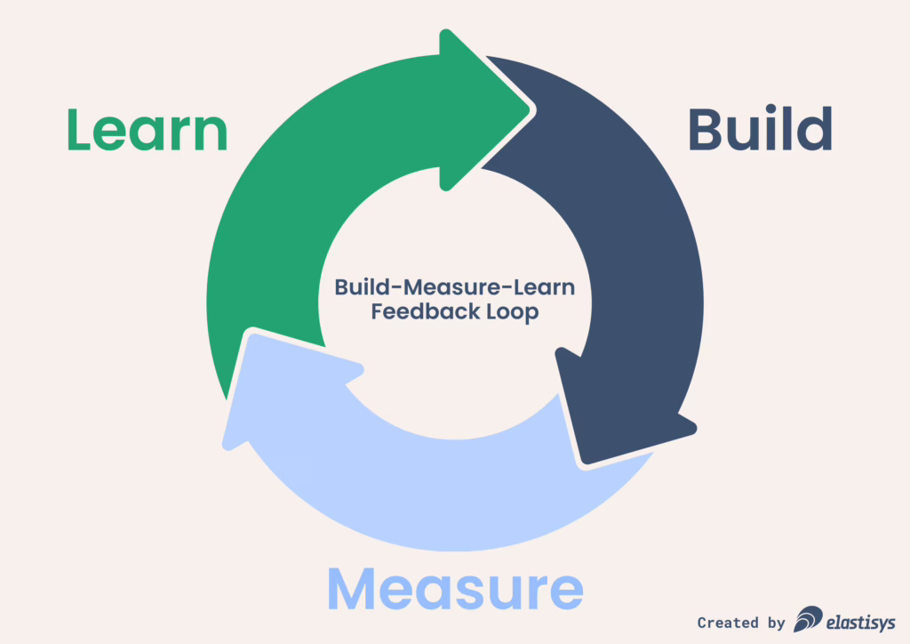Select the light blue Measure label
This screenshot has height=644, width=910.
pyautogui.click(x=455, y=588)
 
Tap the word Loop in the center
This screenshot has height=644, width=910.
pyautogui.click(x=507, y=313)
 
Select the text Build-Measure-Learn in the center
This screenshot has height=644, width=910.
pyautogui.click(x=455, y=288)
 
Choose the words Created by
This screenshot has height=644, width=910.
pyautogui.click(x=741, y=623)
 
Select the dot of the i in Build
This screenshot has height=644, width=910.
pyautogui.click(x=772, y=110)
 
